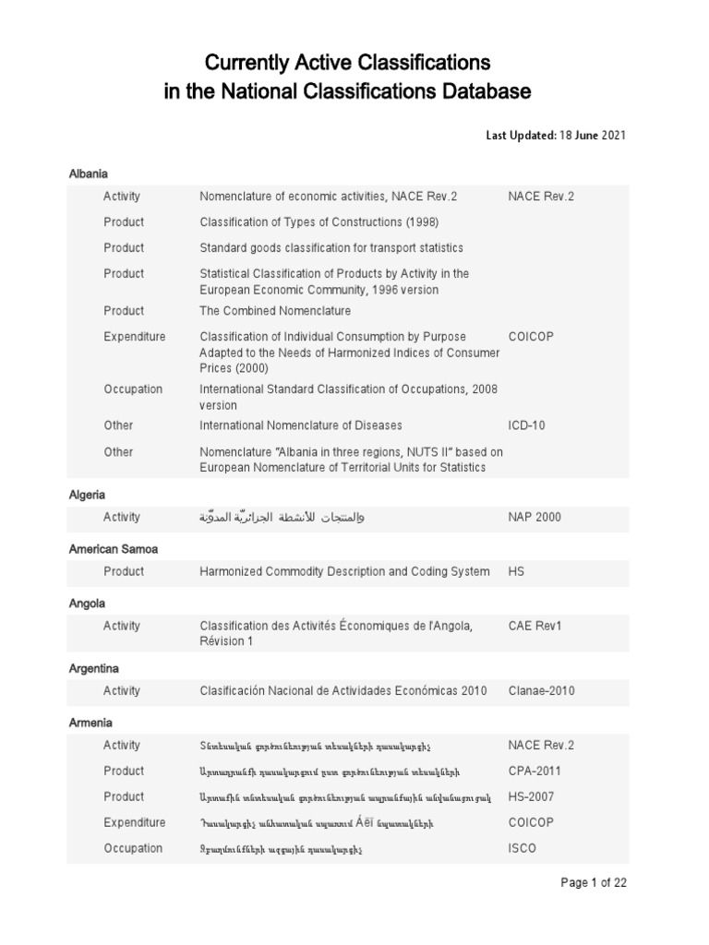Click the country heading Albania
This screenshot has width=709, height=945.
point(89,173)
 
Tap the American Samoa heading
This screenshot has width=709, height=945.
point(113,549)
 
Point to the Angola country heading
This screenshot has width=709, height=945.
point(87,604)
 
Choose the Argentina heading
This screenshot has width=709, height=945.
point(94,667)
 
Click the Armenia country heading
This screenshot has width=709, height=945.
point(90,723)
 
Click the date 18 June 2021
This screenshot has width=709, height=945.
point(593,136)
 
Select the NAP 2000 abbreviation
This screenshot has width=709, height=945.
point(535,517)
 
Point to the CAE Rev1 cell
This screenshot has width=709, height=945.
point(535,627)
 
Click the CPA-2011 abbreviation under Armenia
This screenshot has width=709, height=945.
point(535,771)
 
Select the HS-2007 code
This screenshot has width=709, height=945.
point(533,796)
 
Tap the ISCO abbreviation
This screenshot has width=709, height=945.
point(522,848)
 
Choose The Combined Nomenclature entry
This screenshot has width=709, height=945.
point(275,311)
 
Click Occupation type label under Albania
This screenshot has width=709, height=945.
point(133,389)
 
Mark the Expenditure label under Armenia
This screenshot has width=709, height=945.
point(135,822)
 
